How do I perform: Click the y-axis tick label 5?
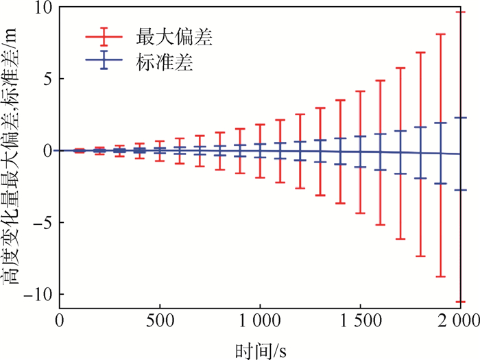(x=47, y=79)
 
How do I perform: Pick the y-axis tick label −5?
(x=42, y=222)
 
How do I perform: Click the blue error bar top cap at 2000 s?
(x=461, y=118)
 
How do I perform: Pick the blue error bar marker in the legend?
(x=104, y=62)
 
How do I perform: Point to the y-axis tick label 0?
(x=47, y=151)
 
